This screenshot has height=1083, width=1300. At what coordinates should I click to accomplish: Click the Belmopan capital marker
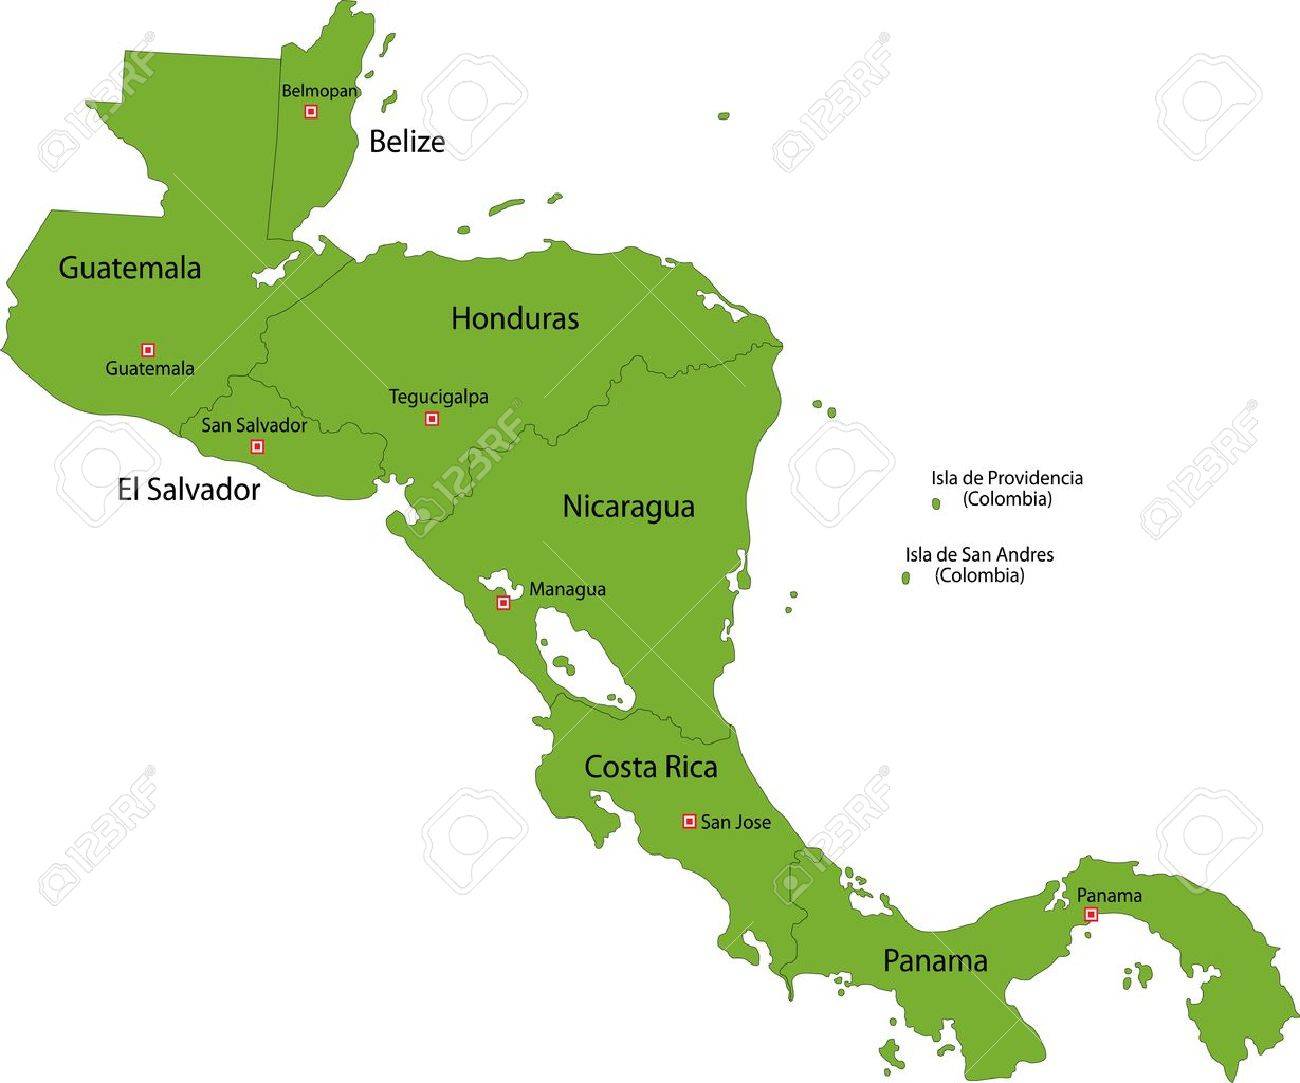(311, 112)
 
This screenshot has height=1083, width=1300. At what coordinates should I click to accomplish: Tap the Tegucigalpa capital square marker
(432, 418)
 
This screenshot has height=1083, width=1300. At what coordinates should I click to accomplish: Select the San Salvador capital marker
(257, 446)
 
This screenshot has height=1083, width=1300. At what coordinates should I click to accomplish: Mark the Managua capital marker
(504, 603)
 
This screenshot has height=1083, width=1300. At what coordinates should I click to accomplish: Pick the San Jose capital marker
(688, 821)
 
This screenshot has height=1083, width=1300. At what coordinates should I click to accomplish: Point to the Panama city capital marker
(1091, 914)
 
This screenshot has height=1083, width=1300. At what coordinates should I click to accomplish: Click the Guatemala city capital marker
(148, 349)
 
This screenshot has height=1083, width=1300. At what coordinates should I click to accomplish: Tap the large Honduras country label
(515, 319)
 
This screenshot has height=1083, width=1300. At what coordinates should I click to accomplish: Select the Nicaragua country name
(628, 506)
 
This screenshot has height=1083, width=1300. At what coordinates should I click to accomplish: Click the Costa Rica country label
(650, 768)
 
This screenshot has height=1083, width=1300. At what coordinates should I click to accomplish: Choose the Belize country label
(406, 142)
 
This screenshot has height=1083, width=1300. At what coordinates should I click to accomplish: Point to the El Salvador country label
(188, 489)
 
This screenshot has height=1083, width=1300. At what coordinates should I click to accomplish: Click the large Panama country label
(935, 961)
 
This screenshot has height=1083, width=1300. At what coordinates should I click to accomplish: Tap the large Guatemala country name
(129, 268)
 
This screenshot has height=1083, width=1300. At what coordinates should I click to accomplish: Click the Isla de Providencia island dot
(936, 504)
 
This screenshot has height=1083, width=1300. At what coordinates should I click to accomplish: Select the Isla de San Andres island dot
(906, 578)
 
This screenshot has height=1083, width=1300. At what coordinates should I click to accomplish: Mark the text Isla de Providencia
(1007, 478)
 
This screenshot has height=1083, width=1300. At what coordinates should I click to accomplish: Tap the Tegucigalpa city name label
(438, 397)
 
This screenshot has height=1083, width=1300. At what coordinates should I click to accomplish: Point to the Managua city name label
(567, 589)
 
